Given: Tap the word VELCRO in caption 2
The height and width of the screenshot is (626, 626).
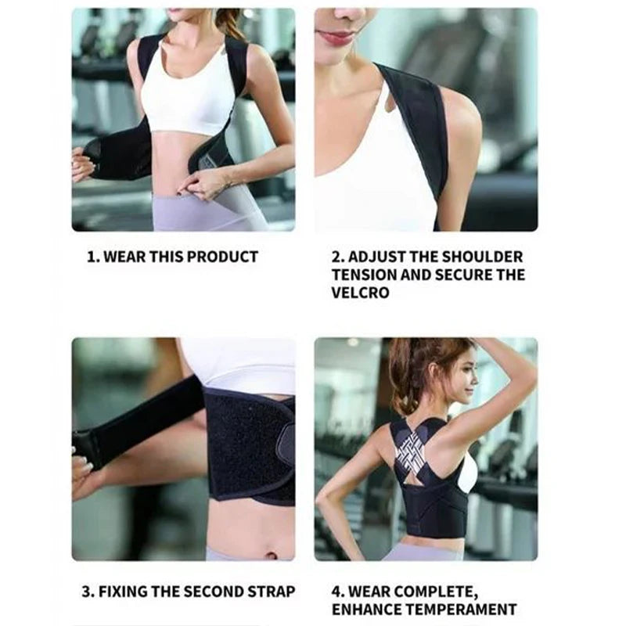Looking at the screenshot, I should [360, 293].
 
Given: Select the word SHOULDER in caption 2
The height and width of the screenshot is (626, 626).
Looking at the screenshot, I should [482, 257].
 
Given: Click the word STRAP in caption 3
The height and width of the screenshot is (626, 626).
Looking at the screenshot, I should [271, 592].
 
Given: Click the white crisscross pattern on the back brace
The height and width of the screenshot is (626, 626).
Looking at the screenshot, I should [412, 450].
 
